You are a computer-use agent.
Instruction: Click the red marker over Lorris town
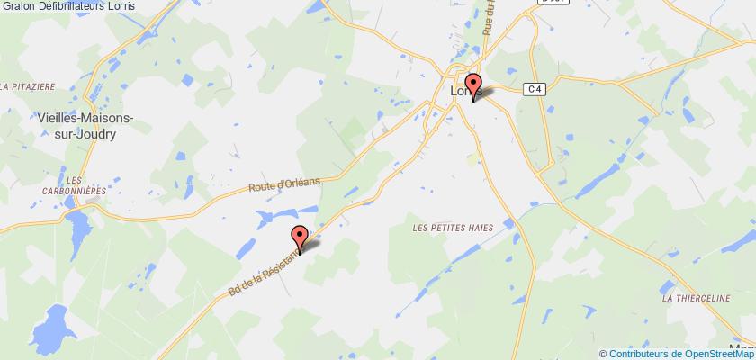tap(473, 81)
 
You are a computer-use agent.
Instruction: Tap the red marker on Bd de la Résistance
tap(300, 237)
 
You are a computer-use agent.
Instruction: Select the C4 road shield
tap(535, 88)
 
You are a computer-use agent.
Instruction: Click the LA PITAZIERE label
tap(29, 86)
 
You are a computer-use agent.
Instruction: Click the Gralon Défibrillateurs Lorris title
tap(56, 6)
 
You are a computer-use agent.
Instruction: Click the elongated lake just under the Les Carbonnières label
tap(78, 228)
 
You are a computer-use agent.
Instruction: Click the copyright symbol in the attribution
tap(604, 353)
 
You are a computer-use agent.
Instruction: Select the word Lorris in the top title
tap(96, 6)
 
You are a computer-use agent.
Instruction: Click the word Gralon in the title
tap(16, 6)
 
